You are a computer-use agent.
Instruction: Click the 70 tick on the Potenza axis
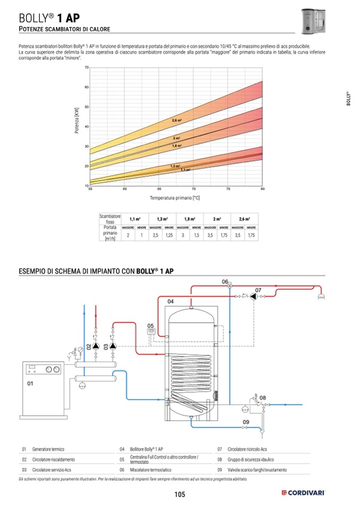(x=86, y=67)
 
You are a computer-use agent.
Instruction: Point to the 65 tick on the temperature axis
(x=159, y=189)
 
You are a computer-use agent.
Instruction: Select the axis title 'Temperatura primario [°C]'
(x=175, y=197)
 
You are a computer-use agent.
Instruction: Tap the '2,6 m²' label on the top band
(x=177, y=120)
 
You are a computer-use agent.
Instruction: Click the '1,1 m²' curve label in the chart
(x=185, y=170)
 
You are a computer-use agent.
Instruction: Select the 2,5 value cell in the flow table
(x=156, y=235)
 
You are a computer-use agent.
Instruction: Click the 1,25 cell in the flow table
(x=169, y=235)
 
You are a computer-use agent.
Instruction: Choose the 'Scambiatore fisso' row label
(x=110, y=219)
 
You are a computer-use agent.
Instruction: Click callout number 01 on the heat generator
(x=30, y=383)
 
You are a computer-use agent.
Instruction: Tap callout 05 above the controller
(x=150, y=325)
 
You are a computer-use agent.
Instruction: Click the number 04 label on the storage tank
(x=170, y=301)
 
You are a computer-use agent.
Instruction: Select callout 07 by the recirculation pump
(x=258, y=290)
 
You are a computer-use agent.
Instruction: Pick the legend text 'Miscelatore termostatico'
(x=150, y=470)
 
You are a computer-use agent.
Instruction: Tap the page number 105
(x=179, y=495)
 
